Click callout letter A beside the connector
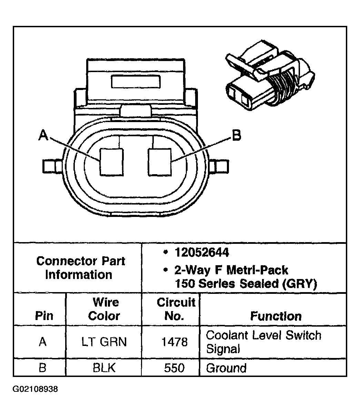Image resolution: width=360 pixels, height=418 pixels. [43, 135]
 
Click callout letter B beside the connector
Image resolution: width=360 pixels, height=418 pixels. [236, 136]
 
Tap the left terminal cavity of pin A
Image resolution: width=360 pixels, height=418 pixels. [111, 162]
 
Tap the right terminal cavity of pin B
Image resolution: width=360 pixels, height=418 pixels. [160, 161]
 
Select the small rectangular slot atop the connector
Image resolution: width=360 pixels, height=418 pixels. [136, 82]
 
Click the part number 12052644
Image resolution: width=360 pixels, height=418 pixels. [201, 253]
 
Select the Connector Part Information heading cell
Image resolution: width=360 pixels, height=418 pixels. [80, 268]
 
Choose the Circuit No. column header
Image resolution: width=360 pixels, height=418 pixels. [176, 309]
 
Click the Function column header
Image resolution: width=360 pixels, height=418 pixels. [276, 316]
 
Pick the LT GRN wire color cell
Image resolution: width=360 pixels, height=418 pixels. [104, 342]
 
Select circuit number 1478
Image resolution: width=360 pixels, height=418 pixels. [174, 342]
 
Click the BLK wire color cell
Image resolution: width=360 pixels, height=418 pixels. [104, 368]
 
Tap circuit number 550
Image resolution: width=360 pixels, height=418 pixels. [174, 368]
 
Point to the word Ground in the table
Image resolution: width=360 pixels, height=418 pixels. [226, 368]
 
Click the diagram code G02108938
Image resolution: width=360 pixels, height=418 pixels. [36, 389]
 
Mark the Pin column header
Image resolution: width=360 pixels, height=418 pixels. [44, 316]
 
